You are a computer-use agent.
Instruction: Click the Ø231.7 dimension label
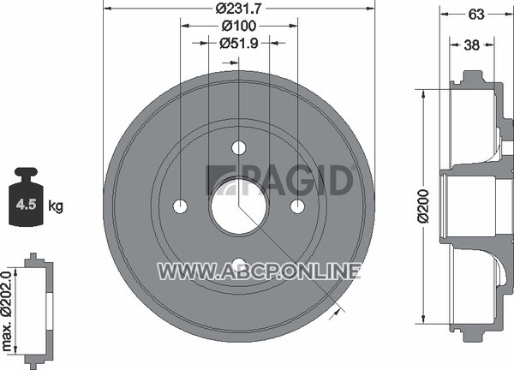tap(239, 9)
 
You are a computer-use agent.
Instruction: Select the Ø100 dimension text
tap(239, 26)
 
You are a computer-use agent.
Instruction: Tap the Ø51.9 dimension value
tap(239, 43)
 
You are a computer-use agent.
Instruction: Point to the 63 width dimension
tap(476, 14)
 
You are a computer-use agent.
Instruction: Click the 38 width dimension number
tap(472, 45)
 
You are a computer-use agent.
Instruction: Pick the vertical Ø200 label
tap(423, 206)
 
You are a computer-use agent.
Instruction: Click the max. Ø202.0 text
tap(7, 311)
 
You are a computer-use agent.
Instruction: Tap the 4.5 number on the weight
tap(26, 205)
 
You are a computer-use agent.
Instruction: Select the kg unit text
tap(56, 206)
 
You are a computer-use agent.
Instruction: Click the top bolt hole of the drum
tap(239, 148)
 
